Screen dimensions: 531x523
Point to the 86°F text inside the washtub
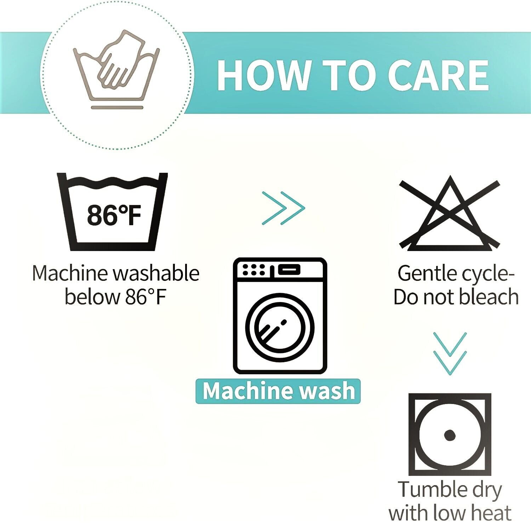coord(114,215)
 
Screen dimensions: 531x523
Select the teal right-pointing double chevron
coord(283,208)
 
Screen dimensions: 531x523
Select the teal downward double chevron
coord(450,354)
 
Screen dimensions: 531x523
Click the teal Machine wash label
coord(278,391)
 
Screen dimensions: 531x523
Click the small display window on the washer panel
coord(289,270)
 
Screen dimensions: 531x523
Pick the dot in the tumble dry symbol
coord(450,435)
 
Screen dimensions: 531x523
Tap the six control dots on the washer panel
coord(254,270)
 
